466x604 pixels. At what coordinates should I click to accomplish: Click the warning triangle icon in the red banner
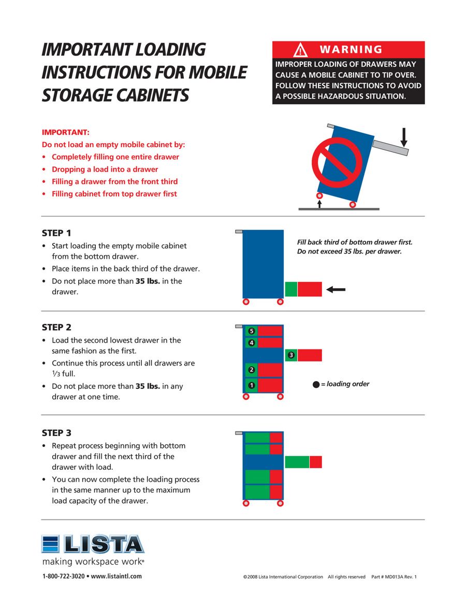300,50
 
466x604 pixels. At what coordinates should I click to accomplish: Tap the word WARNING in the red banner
351,50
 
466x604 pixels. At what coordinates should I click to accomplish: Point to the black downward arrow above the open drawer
404,137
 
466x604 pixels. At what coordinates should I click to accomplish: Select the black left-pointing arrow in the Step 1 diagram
336,289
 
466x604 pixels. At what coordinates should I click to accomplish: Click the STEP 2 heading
56,327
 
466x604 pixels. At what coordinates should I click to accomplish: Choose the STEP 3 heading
56,432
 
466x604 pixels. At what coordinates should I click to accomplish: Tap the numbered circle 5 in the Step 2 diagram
252,331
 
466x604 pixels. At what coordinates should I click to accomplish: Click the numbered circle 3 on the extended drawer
291,355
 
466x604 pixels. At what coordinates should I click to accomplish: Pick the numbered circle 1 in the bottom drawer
252,385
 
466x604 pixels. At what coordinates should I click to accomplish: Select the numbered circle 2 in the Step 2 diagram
252,370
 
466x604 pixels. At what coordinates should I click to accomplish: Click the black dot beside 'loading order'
316,385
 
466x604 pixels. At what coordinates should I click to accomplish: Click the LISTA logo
93,544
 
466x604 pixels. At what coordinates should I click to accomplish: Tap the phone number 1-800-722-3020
63,576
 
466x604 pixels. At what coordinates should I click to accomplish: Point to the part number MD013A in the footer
394,577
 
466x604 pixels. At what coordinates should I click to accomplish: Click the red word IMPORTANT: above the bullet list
66,132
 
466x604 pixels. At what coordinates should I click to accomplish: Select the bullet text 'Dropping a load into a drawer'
105,169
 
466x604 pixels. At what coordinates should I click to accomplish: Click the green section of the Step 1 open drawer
291,289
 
